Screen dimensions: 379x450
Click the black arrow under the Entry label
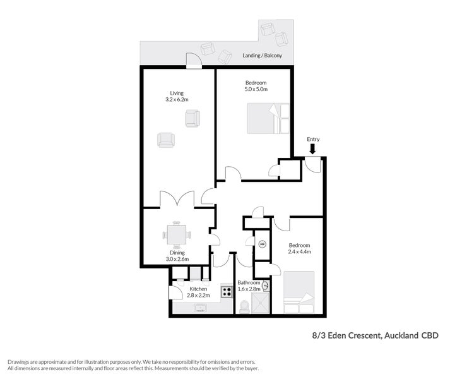(x=313, y=149)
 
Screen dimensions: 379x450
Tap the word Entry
(x=313, y=139)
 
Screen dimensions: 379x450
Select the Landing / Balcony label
(x=267, y=56)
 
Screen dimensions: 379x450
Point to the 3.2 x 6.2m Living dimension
(x=177, y=100)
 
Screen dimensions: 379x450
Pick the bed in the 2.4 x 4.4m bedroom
(x=299, y=292)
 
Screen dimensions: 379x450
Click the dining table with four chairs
(x=176, y=235)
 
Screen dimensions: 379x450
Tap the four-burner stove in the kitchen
(x=227, y=292)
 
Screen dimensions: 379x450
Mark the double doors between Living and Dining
(x=178, y=201)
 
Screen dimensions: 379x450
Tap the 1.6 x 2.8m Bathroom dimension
(x=249, y=289)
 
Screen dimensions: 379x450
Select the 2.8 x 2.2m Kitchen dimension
(x=198, y=295)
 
